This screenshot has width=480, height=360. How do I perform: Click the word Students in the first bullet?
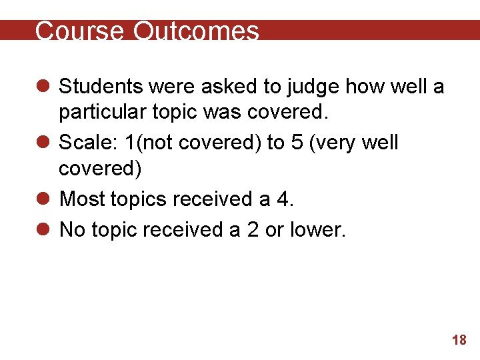click(101, 86)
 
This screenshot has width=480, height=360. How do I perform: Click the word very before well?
click(327, 143)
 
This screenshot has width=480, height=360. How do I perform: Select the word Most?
click(81, 199)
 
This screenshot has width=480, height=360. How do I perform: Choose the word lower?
click(317, 229)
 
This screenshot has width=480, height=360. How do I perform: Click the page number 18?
click(459, 341)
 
